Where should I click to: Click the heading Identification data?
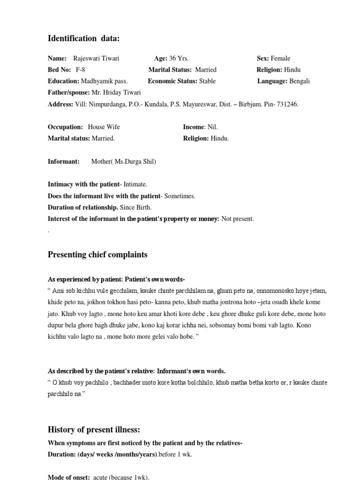83,38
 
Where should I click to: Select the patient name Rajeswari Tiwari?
96,59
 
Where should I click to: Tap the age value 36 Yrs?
179,59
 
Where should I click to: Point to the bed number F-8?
80,70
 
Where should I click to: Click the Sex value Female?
280,59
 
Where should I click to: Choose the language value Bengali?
300,81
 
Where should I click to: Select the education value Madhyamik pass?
105,81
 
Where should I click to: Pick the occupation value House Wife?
104,127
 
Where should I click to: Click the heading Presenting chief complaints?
97,255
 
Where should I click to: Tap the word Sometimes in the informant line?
180,196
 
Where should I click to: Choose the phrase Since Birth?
136,207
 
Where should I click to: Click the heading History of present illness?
94,429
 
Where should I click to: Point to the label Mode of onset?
69,477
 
